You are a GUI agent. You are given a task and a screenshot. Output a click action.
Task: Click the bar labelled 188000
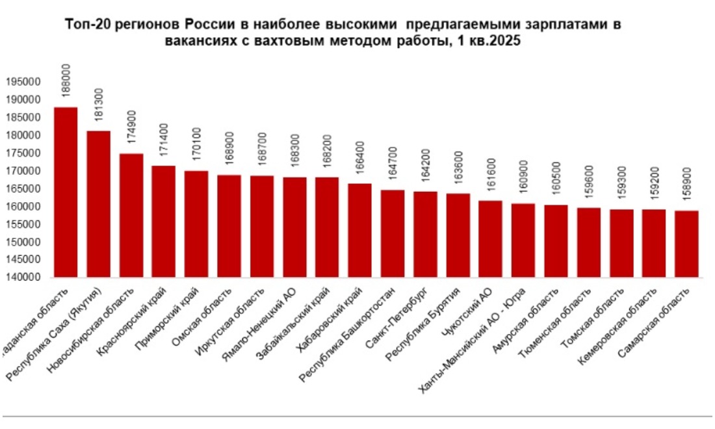tap(66, 192)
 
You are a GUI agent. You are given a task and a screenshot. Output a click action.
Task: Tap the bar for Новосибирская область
tap(131, 215)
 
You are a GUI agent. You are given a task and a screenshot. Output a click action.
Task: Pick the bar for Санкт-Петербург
tap(424, 234)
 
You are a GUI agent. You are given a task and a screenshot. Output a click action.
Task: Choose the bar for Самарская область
tap(686, 244)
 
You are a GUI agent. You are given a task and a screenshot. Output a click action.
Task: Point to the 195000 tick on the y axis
tap(23, 83)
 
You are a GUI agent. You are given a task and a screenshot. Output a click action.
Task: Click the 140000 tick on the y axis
tap(23, 278)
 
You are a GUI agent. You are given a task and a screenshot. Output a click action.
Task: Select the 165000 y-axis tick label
tap(23, 189)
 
